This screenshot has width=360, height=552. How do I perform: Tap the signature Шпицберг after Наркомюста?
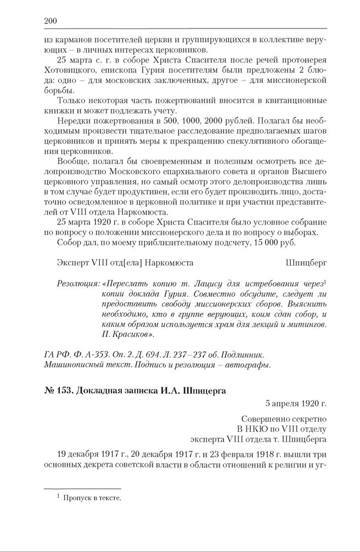click(x=306, y=263)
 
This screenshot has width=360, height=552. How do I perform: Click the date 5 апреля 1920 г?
click(x=295, y=404)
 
